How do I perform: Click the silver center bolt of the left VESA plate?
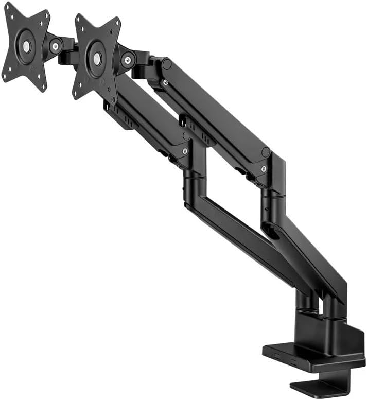click(x=26, y=46)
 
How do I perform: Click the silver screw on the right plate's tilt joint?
click(x=127, y=60)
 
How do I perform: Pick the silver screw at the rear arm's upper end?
click(x=165, y=82)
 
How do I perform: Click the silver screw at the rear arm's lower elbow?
click(x=264, y=169)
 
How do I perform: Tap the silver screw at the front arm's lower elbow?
click(x=185, y=151)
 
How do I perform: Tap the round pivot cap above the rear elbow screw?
click(x=266, y=152)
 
